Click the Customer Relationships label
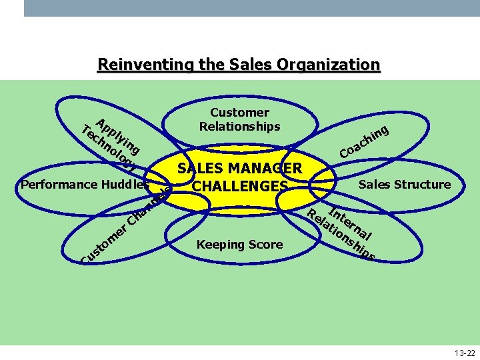(239, 119)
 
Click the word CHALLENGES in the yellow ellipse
(239, 186)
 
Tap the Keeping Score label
(239, 245)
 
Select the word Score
(265, 245)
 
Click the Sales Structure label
(405, 185)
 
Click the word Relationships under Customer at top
(239, 126)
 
